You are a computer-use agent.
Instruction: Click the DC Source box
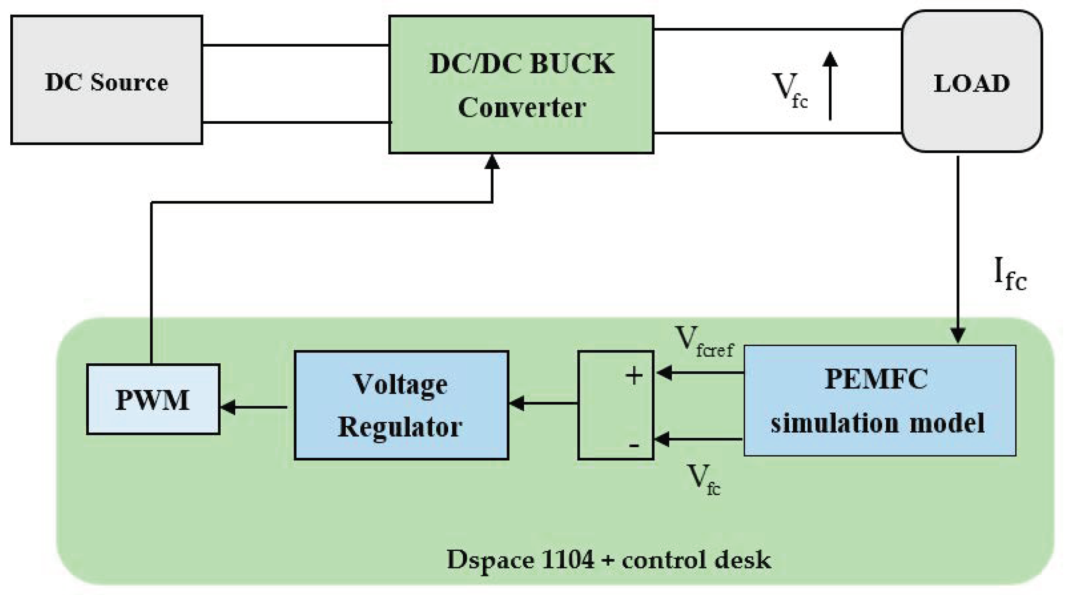[106, 80]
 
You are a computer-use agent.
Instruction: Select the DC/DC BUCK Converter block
[521, 84]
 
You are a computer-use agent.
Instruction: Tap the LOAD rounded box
[971, 81]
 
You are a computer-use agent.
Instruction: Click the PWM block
[153, 399]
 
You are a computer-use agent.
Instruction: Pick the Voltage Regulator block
[401, 405]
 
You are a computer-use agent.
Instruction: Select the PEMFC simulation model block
[879, 401]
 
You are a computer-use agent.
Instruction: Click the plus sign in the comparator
[634, 376]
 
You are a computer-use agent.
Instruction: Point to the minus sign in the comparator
[634, 446]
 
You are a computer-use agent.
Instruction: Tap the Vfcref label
[704, 342]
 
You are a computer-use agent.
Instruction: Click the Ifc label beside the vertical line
[1010, 274]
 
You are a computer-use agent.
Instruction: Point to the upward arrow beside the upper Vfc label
[830, 86]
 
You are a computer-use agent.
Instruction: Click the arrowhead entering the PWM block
[228, 407]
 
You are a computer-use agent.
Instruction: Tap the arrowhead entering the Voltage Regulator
[517, 403]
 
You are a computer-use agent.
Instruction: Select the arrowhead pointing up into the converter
[492, 162]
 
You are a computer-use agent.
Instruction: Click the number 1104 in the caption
[567, 559]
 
